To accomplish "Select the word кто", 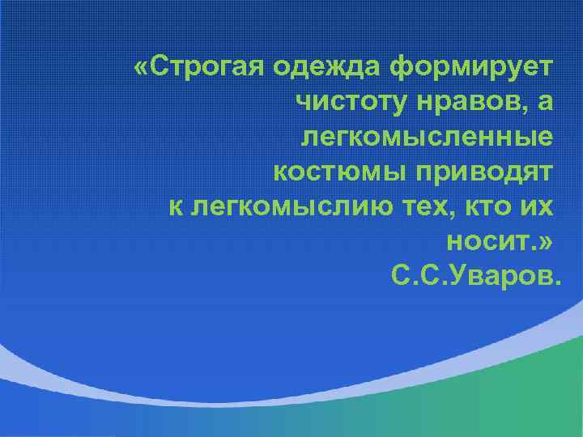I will pyautogui.click(x=487, y=206).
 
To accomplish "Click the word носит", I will pyautogui.click(x=487, y=241).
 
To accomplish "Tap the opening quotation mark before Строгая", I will pyautogui.click(x=143, y=66).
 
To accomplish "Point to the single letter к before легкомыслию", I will pyautogui.click(x=175, y=206).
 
